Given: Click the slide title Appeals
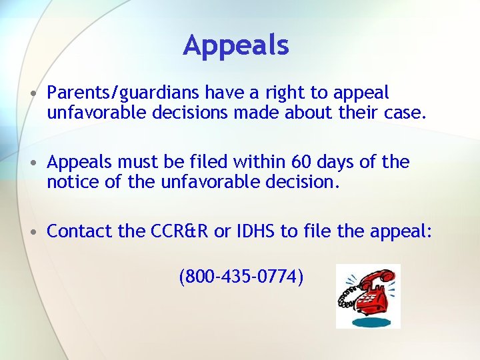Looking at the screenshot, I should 236,45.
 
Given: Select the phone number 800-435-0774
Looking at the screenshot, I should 241,275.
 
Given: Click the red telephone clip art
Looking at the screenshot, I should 367,296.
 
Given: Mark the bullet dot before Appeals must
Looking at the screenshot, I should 33,162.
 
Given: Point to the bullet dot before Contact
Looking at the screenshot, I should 33,232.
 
